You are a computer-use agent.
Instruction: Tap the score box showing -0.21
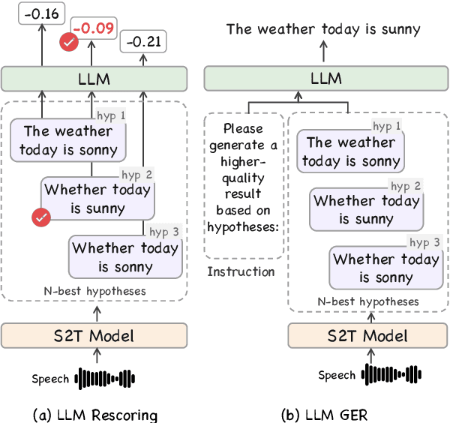(143, 43)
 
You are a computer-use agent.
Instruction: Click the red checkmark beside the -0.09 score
(69, 43)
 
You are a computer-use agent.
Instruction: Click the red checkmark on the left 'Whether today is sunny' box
(41, 217)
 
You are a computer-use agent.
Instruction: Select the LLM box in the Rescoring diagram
(94, 79)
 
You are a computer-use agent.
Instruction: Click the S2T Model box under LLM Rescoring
(94, 335)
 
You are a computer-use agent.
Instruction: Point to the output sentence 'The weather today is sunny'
(324, 29)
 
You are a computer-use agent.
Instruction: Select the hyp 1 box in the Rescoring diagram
(68, 141)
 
